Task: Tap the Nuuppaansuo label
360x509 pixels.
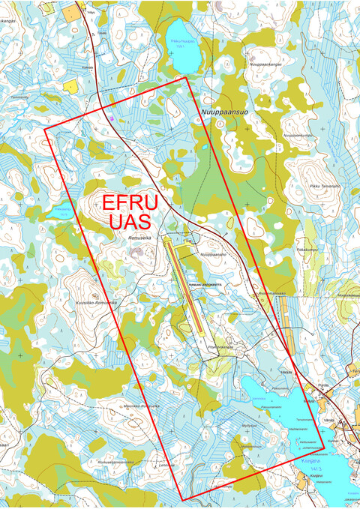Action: [224, 112]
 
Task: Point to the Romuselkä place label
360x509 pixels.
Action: [139, 238]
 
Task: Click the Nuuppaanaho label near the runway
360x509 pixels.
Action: [213, 254]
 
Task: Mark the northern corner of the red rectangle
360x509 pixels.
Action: [184, 76]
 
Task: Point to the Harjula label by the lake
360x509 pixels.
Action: [286, 372]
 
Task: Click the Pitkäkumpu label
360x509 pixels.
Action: [308, 248]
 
